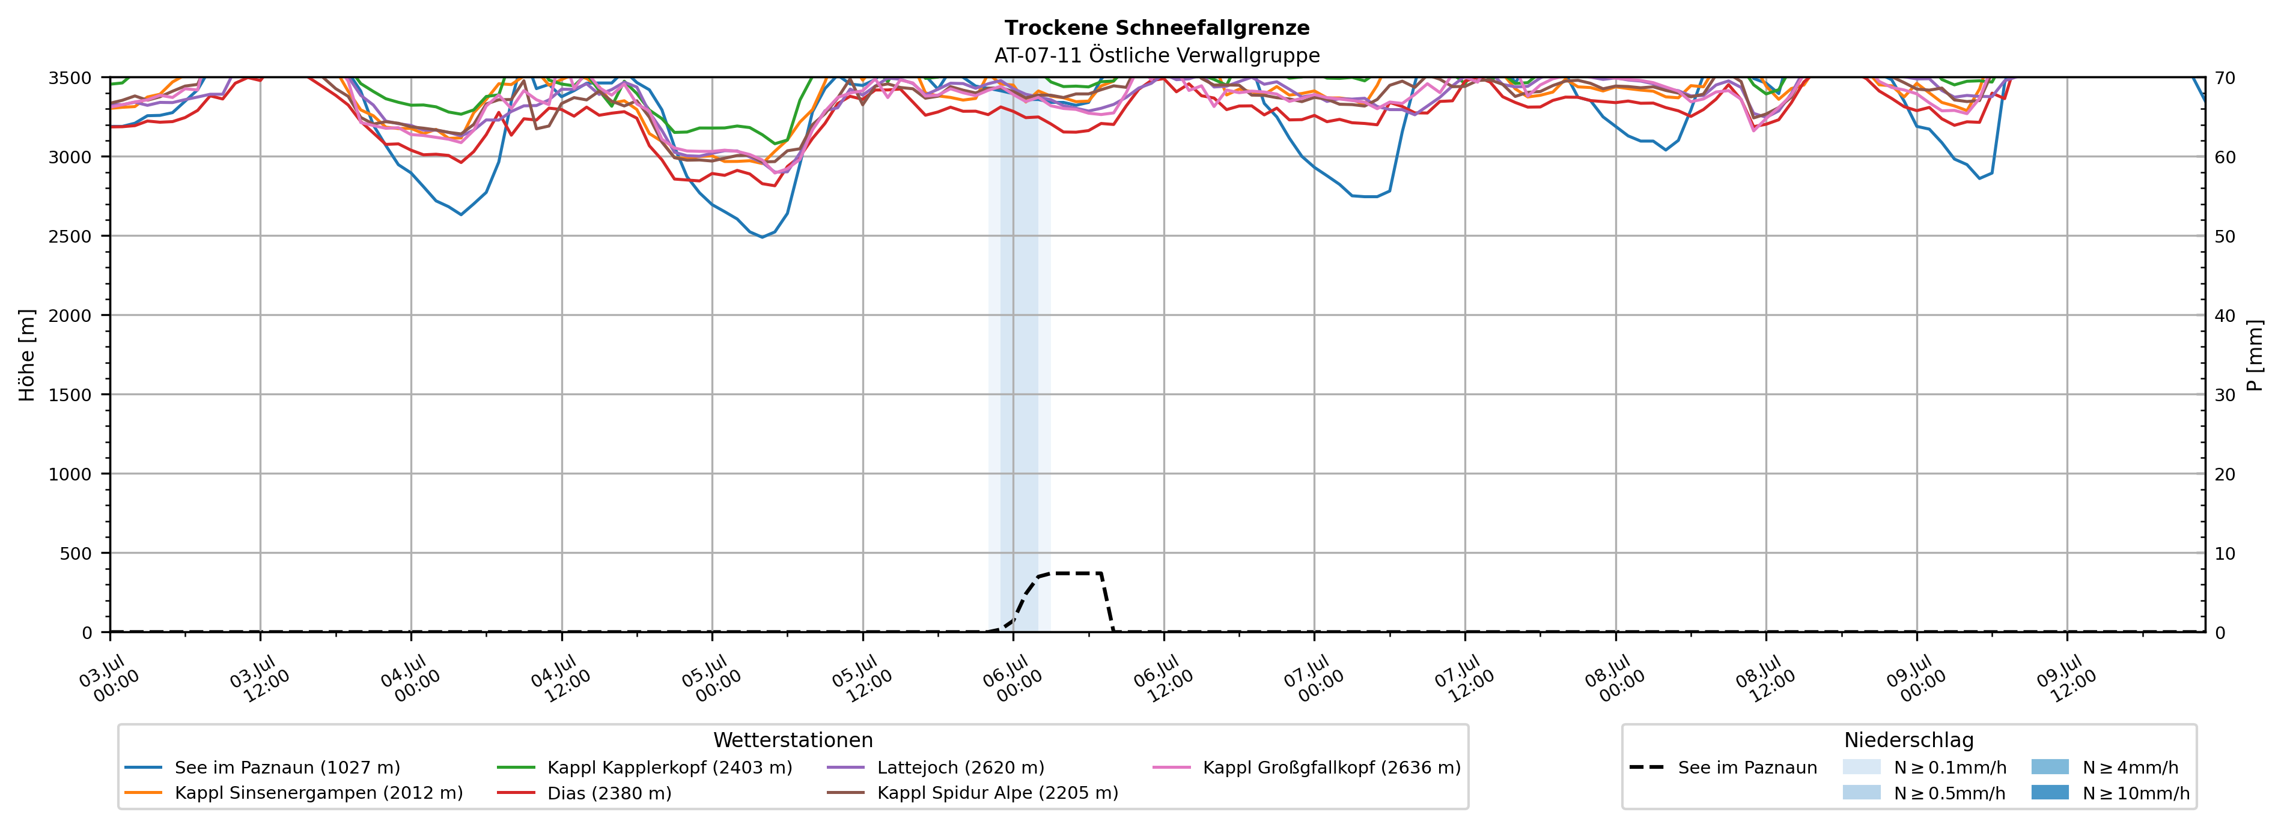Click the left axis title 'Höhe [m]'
(28, 354)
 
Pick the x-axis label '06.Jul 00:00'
(1012, 679)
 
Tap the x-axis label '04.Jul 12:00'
(561, 679)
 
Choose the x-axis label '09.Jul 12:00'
(2066, 679)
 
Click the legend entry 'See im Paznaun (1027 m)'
(263, 768)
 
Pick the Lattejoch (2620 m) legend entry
(936, 768)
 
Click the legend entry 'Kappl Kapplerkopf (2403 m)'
(645, 768)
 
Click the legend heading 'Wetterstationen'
(793, 740)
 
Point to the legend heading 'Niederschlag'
(1909, 740)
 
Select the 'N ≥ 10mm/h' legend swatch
(2050, 792)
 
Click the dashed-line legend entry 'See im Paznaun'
(1723, 768)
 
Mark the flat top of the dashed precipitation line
(1076, 574)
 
